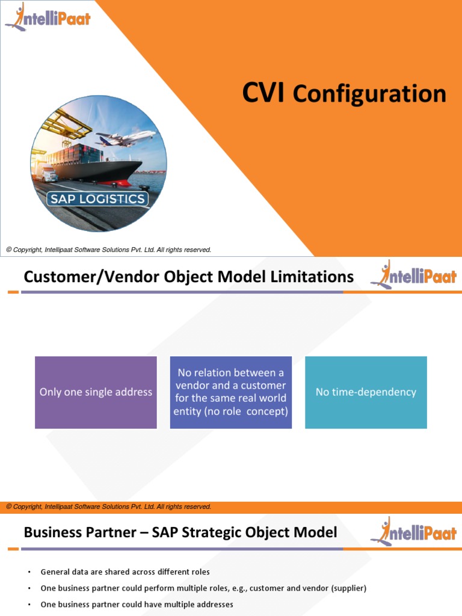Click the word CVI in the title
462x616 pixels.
(263, 94)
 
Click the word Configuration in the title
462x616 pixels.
(369, 94)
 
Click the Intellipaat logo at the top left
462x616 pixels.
(48, 17)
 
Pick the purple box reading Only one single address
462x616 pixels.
(96, 392)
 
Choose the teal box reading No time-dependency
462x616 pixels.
(366, 392)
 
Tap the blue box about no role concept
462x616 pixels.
(231, 392)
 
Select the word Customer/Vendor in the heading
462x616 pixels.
(77, 277)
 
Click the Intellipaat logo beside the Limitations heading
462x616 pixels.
(413, 276)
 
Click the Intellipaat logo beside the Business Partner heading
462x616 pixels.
(413, 532)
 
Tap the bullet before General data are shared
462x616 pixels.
(29, 572)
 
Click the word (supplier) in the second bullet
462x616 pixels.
(345, 588)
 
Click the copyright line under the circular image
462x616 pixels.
(108, 250)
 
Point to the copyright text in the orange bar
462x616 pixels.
(108, 507)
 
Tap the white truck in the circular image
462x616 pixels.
(49, 174)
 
